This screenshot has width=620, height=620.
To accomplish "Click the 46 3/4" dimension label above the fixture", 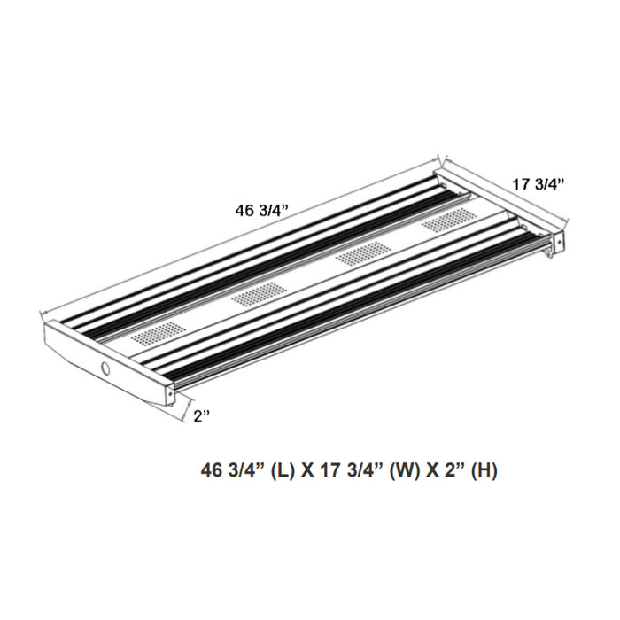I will (262, 210).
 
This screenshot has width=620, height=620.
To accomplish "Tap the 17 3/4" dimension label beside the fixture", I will (539, 184).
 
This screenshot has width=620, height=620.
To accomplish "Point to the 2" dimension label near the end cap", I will (201, 415).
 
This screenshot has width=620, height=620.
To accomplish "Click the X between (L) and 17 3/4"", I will (307, 470).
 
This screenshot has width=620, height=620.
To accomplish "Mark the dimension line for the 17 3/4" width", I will (505, 190).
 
